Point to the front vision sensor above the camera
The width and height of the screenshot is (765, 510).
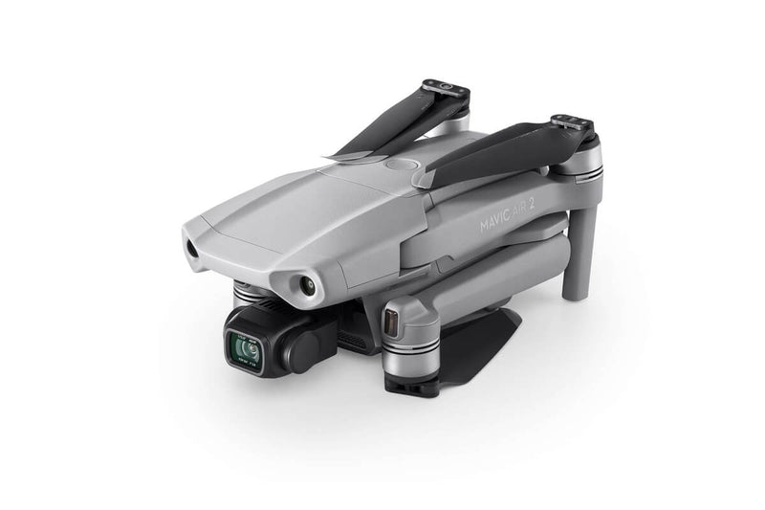[x=307, y=284]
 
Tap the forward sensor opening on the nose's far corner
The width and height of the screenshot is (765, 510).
[x=191, y=247]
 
